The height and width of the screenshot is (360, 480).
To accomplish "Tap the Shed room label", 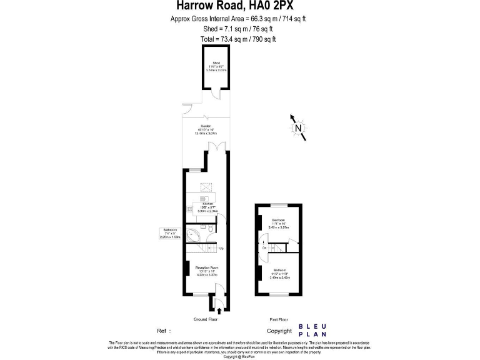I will [216, 63].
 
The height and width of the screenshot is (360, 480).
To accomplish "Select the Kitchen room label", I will [207, 204].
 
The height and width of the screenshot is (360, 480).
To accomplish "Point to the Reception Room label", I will [206, 267].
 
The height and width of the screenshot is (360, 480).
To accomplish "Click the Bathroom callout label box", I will [170, 233].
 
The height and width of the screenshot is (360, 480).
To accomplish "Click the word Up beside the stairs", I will [221, 249].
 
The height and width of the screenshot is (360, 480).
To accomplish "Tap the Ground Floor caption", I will [205, 319].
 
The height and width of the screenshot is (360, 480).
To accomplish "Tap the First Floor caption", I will [278, 319].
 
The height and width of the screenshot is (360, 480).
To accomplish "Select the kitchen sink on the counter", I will [189, 209].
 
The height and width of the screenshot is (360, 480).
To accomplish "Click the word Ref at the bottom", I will [162, 331].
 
